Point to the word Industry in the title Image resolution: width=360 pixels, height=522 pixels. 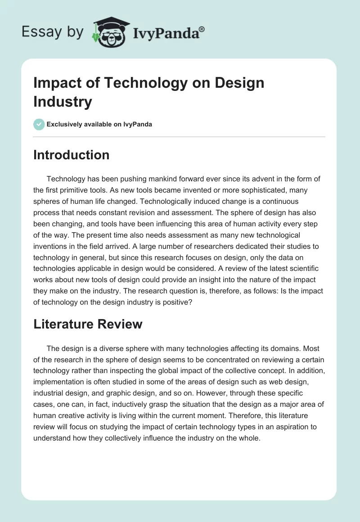pyautogui.click(x=63, y=101)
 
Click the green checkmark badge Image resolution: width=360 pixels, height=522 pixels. pyautogui.click(x=39, y=124)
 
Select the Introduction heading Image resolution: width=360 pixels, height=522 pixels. pyautogui.click(x=72, y=155)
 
